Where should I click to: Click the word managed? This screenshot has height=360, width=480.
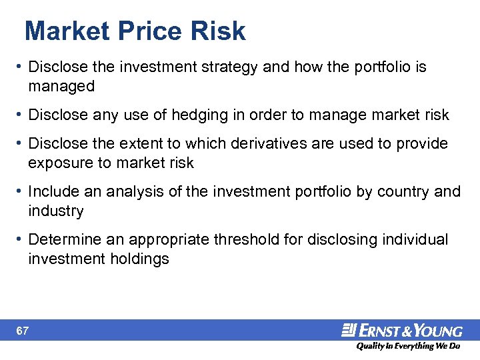click(x=61, y=86)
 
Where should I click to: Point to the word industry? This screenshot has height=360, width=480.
click(x=56, y=211)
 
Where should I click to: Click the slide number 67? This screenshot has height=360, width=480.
click(x=23, y=331)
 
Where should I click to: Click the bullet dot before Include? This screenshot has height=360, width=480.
click(x=20, y=192)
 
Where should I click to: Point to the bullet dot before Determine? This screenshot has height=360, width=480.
click(x=20, y=239)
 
